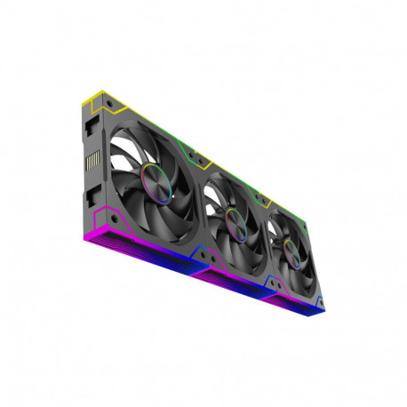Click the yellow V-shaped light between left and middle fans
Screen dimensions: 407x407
(x=204, y=165)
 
